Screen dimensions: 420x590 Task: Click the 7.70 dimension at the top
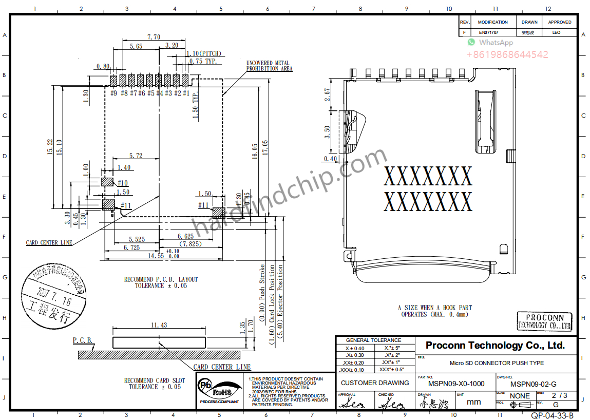[x=154, y=37]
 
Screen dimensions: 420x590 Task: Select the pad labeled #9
[x=114, y=81]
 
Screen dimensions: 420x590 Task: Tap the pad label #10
[x=122, y=183]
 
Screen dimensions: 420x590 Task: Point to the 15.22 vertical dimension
[x=50, y=147]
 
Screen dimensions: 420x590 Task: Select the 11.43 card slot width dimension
[x=159, y=325]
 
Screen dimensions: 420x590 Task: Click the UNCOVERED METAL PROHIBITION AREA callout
[x=269, y=66]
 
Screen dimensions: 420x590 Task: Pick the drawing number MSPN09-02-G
[x=533, y=384]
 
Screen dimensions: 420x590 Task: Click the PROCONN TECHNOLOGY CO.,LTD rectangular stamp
[x=544, y=321]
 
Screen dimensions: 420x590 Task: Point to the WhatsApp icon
[x=471, y=43]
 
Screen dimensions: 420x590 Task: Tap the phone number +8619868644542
[x=507, y=54]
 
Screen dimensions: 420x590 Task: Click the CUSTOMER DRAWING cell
[x=375, y=383]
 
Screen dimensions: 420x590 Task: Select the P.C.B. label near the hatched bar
[x=82, y=340]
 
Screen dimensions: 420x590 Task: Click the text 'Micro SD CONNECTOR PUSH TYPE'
[x=496, y=363]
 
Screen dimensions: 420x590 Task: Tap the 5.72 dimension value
[x=136, y=156]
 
